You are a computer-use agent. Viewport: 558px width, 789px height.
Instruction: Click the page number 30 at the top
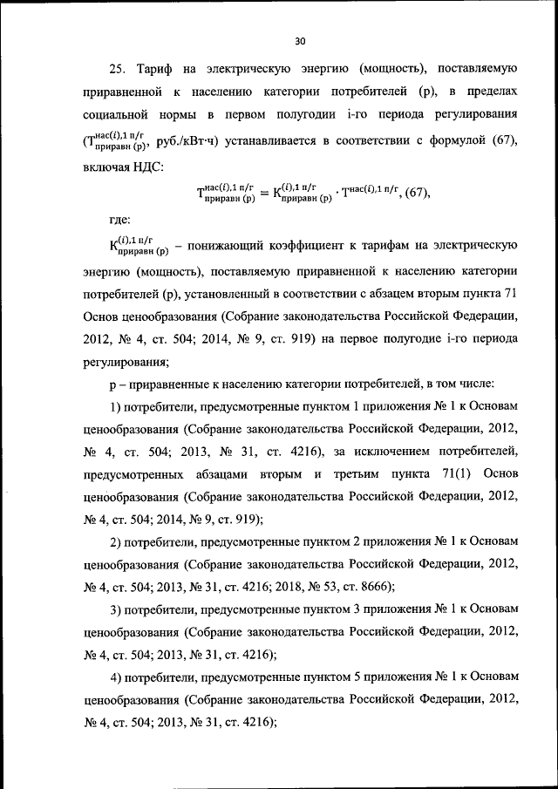(x=300, y=40)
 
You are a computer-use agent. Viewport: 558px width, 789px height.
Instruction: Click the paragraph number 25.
(x=119, y=67)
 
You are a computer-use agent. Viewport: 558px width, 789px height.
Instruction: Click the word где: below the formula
(x=119, y=221)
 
